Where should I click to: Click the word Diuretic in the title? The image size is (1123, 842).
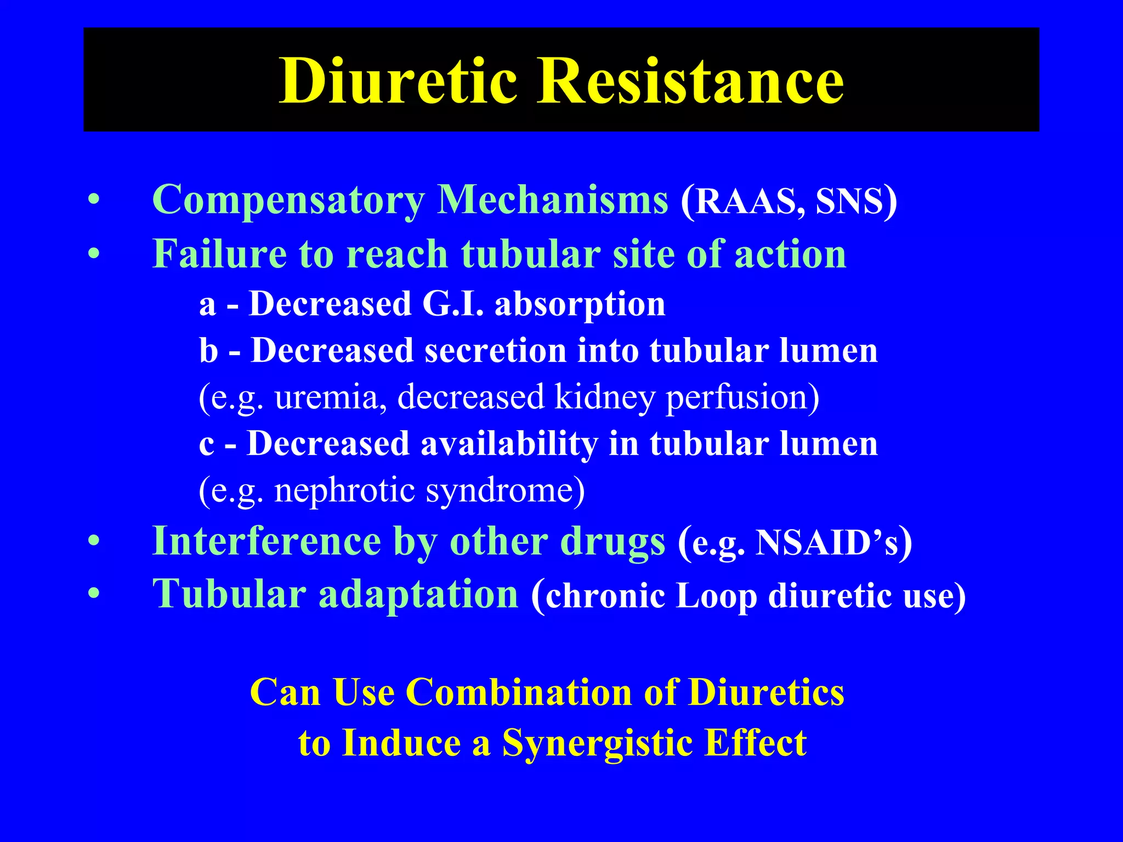tap(399, 81)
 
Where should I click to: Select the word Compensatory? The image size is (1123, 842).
tap(288, 200)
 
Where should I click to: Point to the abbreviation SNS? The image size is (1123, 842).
tap(849, 201)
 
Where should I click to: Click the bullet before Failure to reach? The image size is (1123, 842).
tap(94, 254)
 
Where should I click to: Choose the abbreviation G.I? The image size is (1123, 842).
tap(453, 304)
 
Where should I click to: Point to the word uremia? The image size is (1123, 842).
tap(327, 397)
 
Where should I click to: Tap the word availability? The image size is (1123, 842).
tap(509, 444)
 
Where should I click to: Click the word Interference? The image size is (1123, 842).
tap(266, 541)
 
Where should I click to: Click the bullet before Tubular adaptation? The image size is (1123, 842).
tap(94, 594)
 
